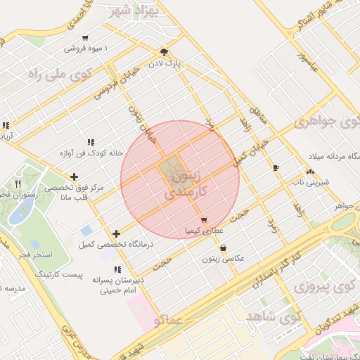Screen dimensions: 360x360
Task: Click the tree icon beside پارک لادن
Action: (x=164, y=52)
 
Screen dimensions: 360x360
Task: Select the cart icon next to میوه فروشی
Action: (x=85, y=38)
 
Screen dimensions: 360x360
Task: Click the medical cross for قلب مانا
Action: (x=74, y=176)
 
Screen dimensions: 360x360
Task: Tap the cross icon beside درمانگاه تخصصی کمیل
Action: (x=116, y=233)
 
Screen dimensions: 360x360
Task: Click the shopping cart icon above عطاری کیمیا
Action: (x=203, y=220)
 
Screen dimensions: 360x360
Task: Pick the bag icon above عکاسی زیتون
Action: (x=223, y=247)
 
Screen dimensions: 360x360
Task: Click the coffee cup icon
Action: (x=276, y=167)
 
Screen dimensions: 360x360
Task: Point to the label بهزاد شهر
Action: (x=131, y=12)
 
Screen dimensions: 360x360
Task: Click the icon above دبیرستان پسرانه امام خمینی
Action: (x=117, y=269)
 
